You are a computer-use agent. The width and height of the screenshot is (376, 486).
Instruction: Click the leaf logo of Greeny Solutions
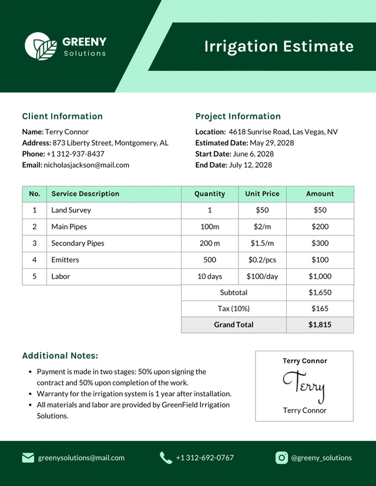click(x=41, y=46)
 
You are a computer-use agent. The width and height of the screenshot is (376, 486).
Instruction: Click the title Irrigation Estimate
click(x=279, y=46)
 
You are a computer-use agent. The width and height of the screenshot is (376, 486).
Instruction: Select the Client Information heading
click(x=62, y=116)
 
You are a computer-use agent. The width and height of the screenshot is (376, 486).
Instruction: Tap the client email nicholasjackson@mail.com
click(x=86, y=165)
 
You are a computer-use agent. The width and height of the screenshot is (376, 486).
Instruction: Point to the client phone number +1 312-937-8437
click(x=75, y=154)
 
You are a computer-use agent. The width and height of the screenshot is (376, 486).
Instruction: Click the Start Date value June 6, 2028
click(x=253, y=154)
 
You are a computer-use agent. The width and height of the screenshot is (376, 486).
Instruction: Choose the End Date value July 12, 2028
click(x=250, y=165)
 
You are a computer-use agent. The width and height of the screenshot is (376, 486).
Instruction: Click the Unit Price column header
click(x=262, y=194)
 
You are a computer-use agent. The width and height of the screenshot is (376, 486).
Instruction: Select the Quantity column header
click(x=210, y=194)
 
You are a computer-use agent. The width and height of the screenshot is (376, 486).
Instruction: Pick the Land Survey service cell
click(x=71, y=210)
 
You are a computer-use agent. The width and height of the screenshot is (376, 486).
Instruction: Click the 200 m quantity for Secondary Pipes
click(x=210, y=243)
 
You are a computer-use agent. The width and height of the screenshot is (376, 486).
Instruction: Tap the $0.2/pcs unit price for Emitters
click(x=262, y=259)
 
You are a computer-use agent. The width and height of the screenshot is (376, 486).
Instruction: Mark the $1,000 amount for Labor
click(x=320, y=276)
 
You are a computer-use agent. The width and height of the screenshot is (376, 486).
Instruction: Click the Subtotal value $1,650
click(x=320, y=292)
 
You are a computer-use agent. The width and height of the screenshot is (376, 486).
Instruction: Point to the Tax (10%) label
click(x=234, y=308)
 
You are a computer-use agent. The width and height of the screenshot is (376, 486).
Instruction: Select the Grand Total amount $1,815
click(x=320, y=325)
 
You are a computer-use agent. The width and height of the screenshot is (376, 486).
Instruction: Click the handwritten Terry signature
click(x=304, y=386)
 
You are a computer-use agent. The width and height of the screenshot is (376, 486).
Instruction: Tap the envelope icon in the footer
click(x=28, y=458)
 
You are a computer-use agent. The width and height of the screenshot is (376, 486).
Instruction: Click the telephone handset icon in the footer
click(x=166, y=458)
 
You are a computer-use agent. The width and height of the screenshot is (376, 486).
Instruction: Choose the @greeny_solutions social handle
click(x=321, y=458)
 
